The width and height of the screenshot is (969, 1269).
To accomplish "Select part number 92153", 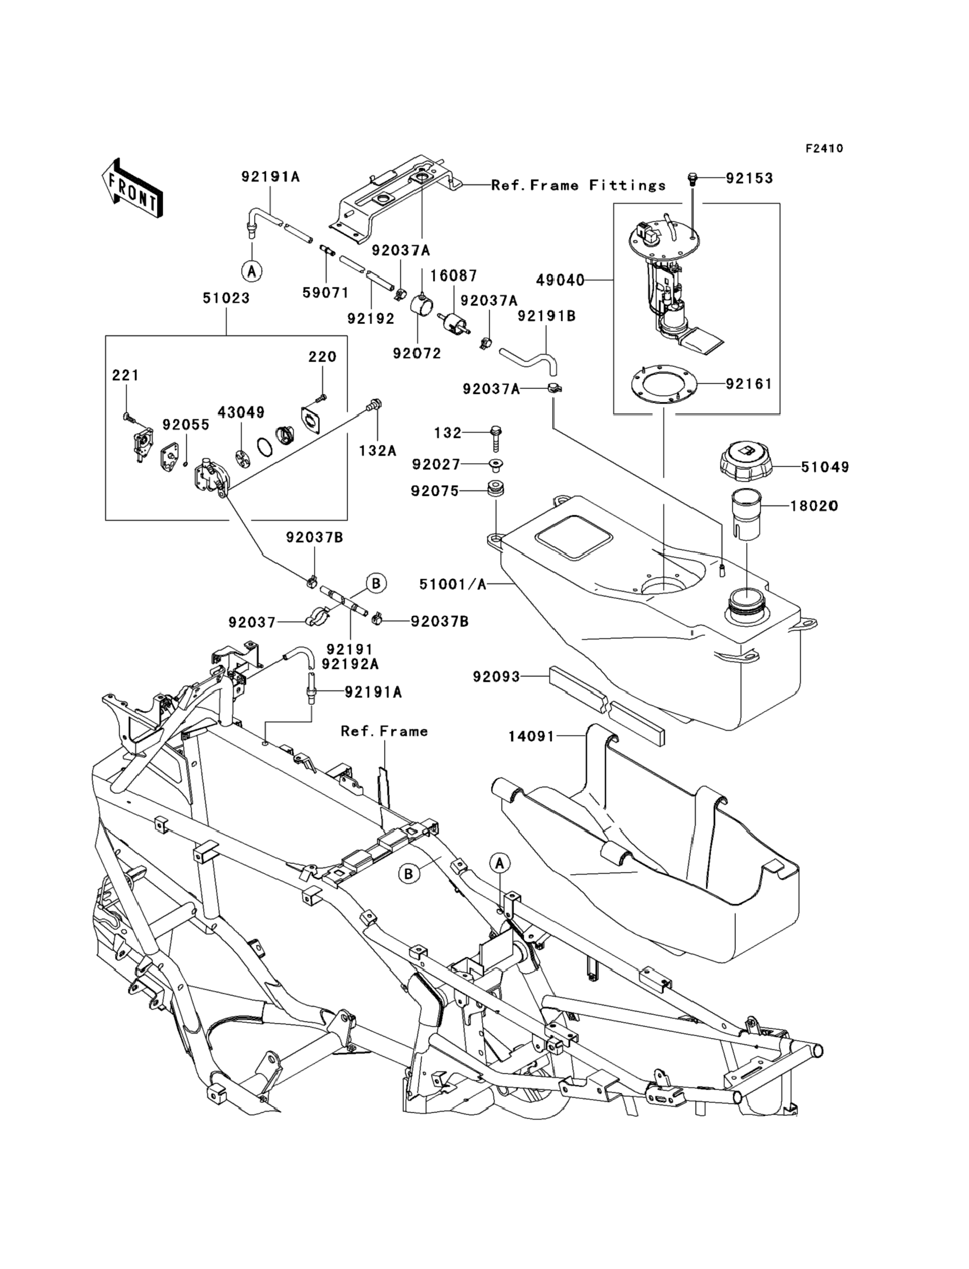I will click(749, 178).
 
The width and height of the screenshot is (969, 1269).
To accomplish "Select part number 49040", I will click(560, 280).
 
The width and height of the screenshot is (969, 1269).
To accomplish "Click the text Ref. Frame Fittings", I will click(578, 186).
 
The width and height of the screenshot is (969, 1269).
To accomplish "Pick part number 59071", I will click(326, 292).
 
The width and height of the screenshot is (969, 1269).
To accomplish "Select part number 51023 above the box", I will click(226, 298).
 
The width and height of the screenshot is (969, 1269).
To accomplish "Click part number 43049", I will click(241, 413).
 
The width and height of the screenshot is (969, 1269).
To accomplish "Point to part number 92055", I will click(186, 424).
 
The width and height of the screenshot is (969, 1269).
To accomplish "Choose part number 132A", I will click(377, 451).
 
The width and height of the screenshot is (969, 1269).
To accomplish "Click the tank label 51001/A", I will click(453, 585).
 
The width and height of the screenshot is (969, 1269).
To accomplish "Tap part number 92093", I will click(496, 676).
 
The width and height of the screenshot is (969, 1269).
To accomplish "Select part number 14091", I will click(531, 737).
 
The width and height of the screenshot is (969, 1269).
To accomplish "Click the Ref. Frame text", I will click(384, 731).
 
